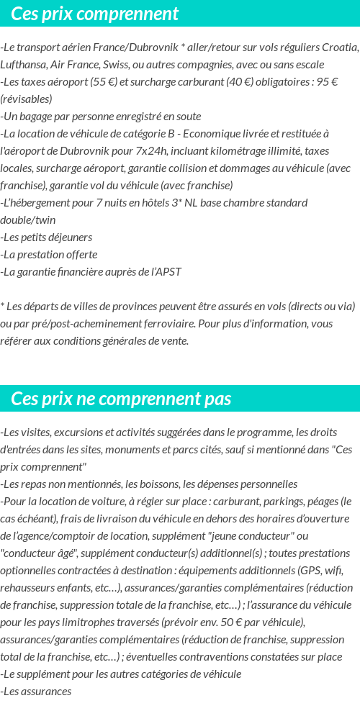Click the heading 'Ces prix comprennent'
[94, 14]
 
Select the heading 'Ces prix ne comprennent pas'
[121, 398]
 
